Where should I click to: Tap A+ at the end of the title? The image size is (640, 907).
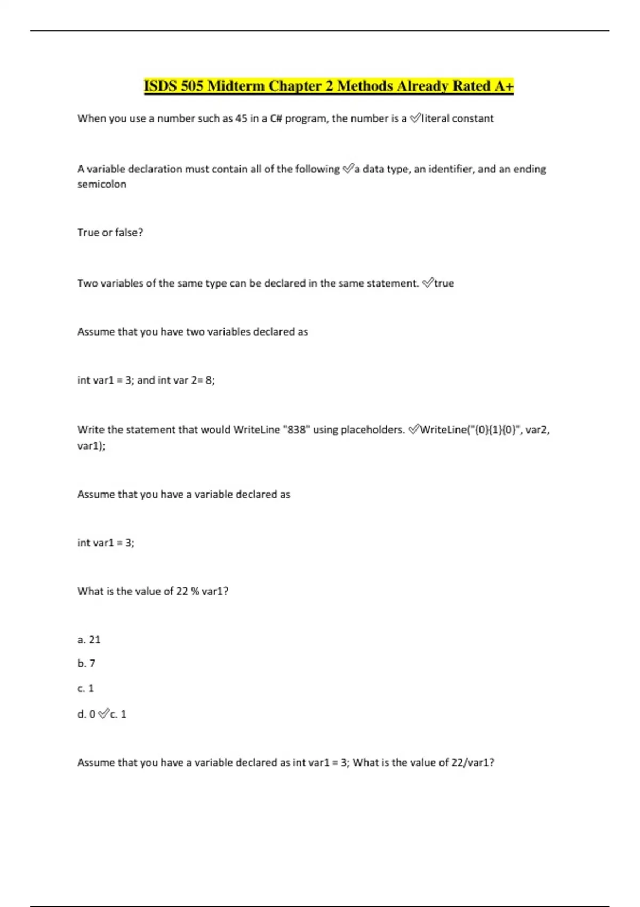tap(503, 86)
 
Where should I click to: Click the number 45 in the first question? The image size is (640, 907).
tap(241, 118)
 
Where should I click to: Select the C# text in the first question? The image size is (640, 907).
tap(276, 118)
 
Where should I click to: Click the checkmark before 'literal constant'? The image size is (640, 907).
tap(415, 118)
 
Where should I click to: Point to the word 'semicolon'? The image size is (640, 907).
tap(102, 184)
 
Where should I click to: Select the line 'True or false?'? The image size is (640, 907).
tap(110, 233)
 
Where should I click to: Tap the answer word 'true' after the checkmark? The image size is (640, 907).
tap(444, 283)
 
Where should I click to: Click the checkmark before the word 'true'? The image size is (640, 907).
tap(428, 283)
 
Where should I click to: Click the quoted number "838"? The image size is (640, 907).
tap(296, 429)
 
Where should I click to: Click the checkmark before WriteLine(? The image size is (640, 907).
tap(414, 429)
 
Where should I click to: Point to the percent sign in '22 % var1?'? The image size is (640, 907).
tap(195, 591)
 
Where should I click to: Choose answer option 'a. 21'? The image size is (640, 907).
tap(89, 640)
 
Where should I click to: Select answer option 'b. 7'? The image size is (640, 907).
tap(86, 664)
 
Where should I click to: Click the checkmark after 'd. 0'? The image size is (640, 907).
tap(104, 714)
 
